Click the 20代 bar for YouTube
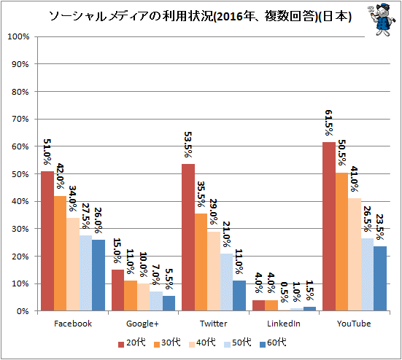[329, 227]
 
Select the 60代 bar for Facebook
[98, 275]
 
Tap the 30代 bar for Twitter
[201, 262]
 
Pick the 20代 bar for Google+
[118, 290]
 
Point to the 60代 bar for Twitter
[239, 296]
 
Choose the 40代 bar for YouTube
[355, 255]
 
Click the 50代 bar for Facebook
[86, 273]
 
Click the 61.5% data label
[329, 123]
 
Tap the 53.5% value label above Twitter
[188, 145]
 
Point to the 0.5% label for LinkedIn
[284, 292]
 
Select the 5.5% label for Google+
[169, 279]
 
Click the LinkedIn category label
[284, 324]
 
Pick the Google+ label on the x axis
[142, 324]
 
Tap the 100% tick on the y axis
[18, 36]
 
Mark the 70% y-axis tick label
[20, 119]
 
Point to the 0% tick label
[23, 311]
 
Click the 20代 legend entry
[132, 343]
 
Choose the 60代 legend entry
[273, 343]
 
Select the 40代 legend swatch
[192, 345]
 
